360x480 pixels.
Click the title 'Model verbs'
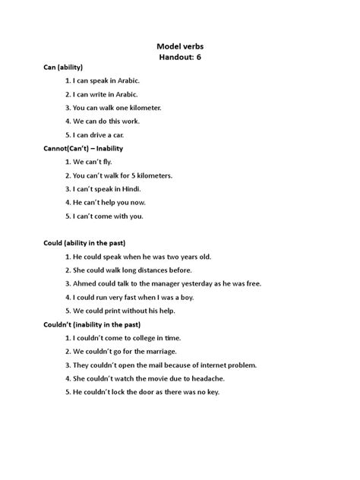coord(179,46)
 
